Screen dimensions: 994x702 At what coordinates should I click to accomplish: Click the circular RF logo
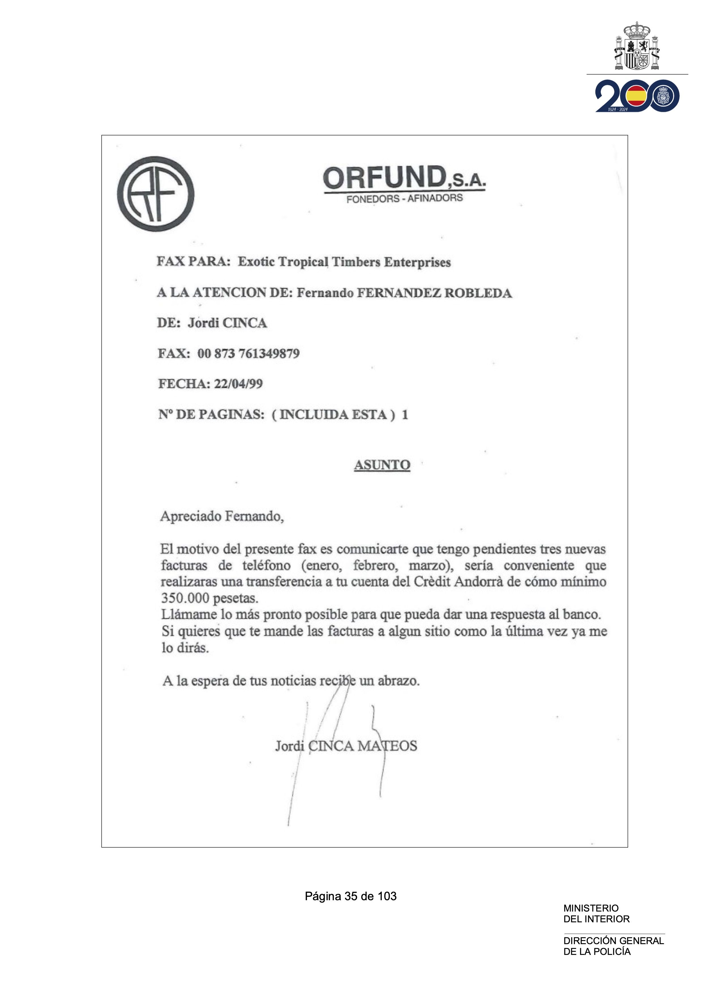click(x=155, y=194)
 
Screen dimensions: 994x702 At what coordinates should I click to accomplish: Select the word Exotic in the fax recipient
click(x=256, y=262)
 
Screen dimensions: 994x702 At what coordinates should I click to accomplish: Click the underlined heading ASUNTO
click(x=382, y=465)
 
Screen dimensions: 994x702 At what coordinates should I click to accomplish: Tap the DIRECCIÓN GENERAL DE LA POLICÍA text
click(x=613, y=946)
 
